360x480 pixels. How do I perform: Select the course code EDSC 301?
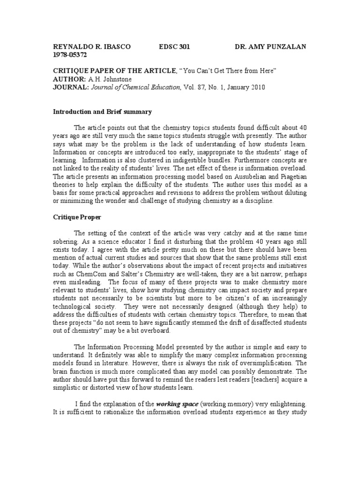pyautogui.click(x=175, y=47)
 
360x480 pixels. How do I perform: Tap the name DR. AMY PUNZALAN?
pyautogui.click(x=270, y=47)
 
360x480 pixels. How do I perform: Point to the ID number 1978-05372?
pyautogui.click(x=70, y=55)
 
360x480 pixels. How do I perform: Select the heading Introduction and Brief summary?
pyautogui.click(x=102, y=112)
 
